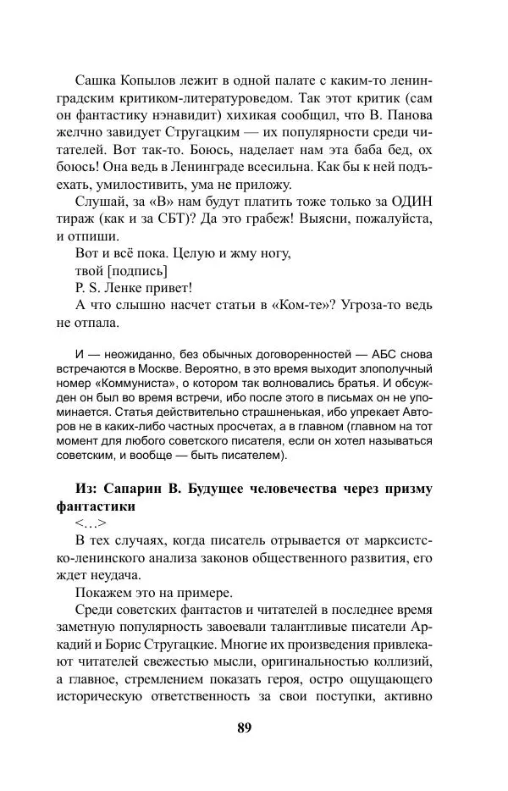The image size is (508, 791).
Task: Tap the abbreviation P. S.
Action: [88, 288]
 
